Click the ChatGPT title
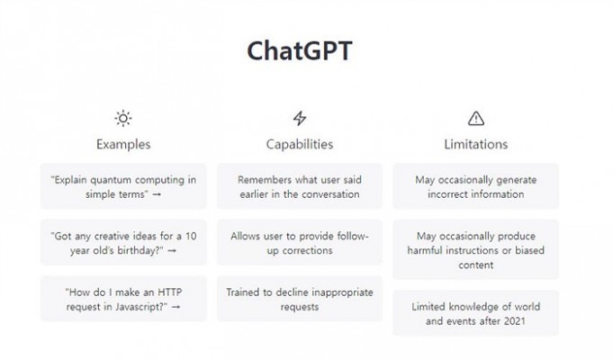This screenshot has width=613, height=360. tap(300, 50)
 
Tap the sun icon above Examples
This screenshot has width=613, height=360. tap(123, 118)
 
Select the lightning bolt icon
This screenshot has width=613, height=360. tap(300, 118)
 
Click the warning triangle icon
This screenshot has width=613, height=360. tap(476, 118)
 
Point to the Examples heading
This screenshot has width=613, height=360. tap(123, 144)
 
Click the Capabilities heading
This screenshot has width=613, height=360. tap(300, 144)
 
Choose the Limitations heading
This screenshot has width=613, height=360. tap(476, 144)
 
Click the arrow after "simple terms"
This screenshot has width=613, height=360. tap(157, 194)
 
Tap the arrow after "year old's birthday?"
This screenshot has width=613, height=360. tap(172, 250)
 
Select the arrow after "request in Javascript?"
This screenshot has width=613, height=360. tap(176, 307)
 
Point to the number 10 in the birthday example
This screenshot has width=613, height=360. tap(191, 236)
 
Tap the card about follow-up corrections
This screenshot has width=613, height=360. tap(300, 242)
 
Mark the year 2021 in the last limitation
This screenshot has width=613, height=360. tap(514, 321)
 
